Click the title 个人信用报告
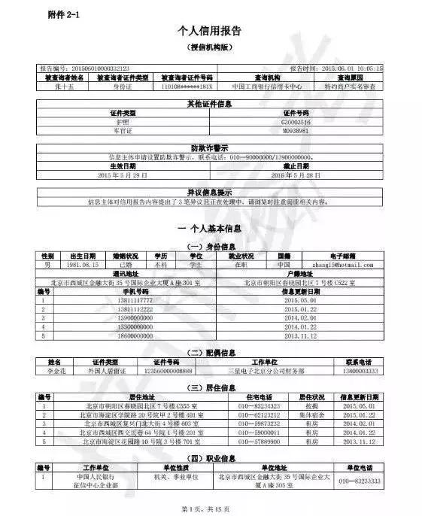pos(211,31)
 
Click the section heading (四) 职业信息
pos(210,457)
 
